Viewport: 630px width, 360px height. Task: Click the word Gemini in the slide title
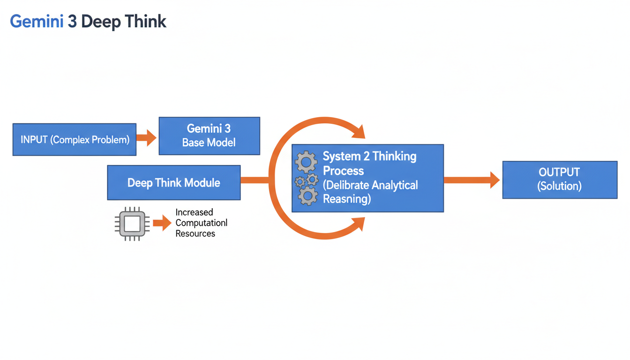pyautogui.click(x=36, y=22)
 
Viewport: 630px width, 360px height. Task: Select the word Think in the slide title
pyautogui.click(x=145, y=22)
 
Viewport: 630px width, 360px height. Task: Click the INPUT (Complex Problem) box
pyautogui.click(x=75, y=139)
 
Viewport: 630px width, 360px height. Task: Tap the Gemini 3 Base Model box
pyautogui.click(x=209, y=135)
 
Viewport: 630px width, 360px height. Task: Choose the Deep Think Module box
pyautogui.click(x=173, y=182)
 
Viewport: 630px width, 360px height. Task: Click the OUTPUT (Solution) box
pyautogui.click(x=560, y=180)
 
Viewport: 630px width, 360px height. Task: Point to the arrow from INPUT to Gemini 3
pyautogui.click(x=147, y=138)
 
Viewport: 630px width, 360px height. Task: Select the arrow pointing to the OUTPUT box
pyautogui.click(x=472, y=180)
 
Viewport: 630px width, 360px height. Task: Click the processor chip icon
pyautogui.click(x=132, y=224)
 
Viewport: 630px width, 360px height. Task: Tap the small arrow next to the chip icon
pyautogui.click(x=162, y=223)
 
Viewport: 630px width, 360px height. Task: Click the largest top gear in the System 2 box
pyautogui.click(x=306, y=162)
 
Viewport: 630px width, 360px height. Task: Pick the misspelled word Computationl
pyautogui.click(x=202, y=223)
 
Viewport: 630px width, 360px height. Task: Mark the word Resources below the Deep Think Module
pyautogui.click(x=195, y=233)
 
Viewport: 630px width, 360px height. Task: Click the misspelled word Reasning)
pyautogui.click(x=347, y=199)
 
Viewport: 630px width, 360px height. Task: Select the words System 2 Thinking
pyautogui.click(x=369, y=156)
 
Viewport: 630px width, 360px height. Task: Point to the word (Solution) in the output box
pyautogui.click(x=559, y=186)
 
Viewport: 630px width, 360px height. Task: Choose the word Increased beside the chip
pyautogui.click(x=194, y=212)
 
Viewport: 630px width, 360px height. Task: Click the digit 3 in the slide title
pyautogui.click(x=72, y=22)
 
